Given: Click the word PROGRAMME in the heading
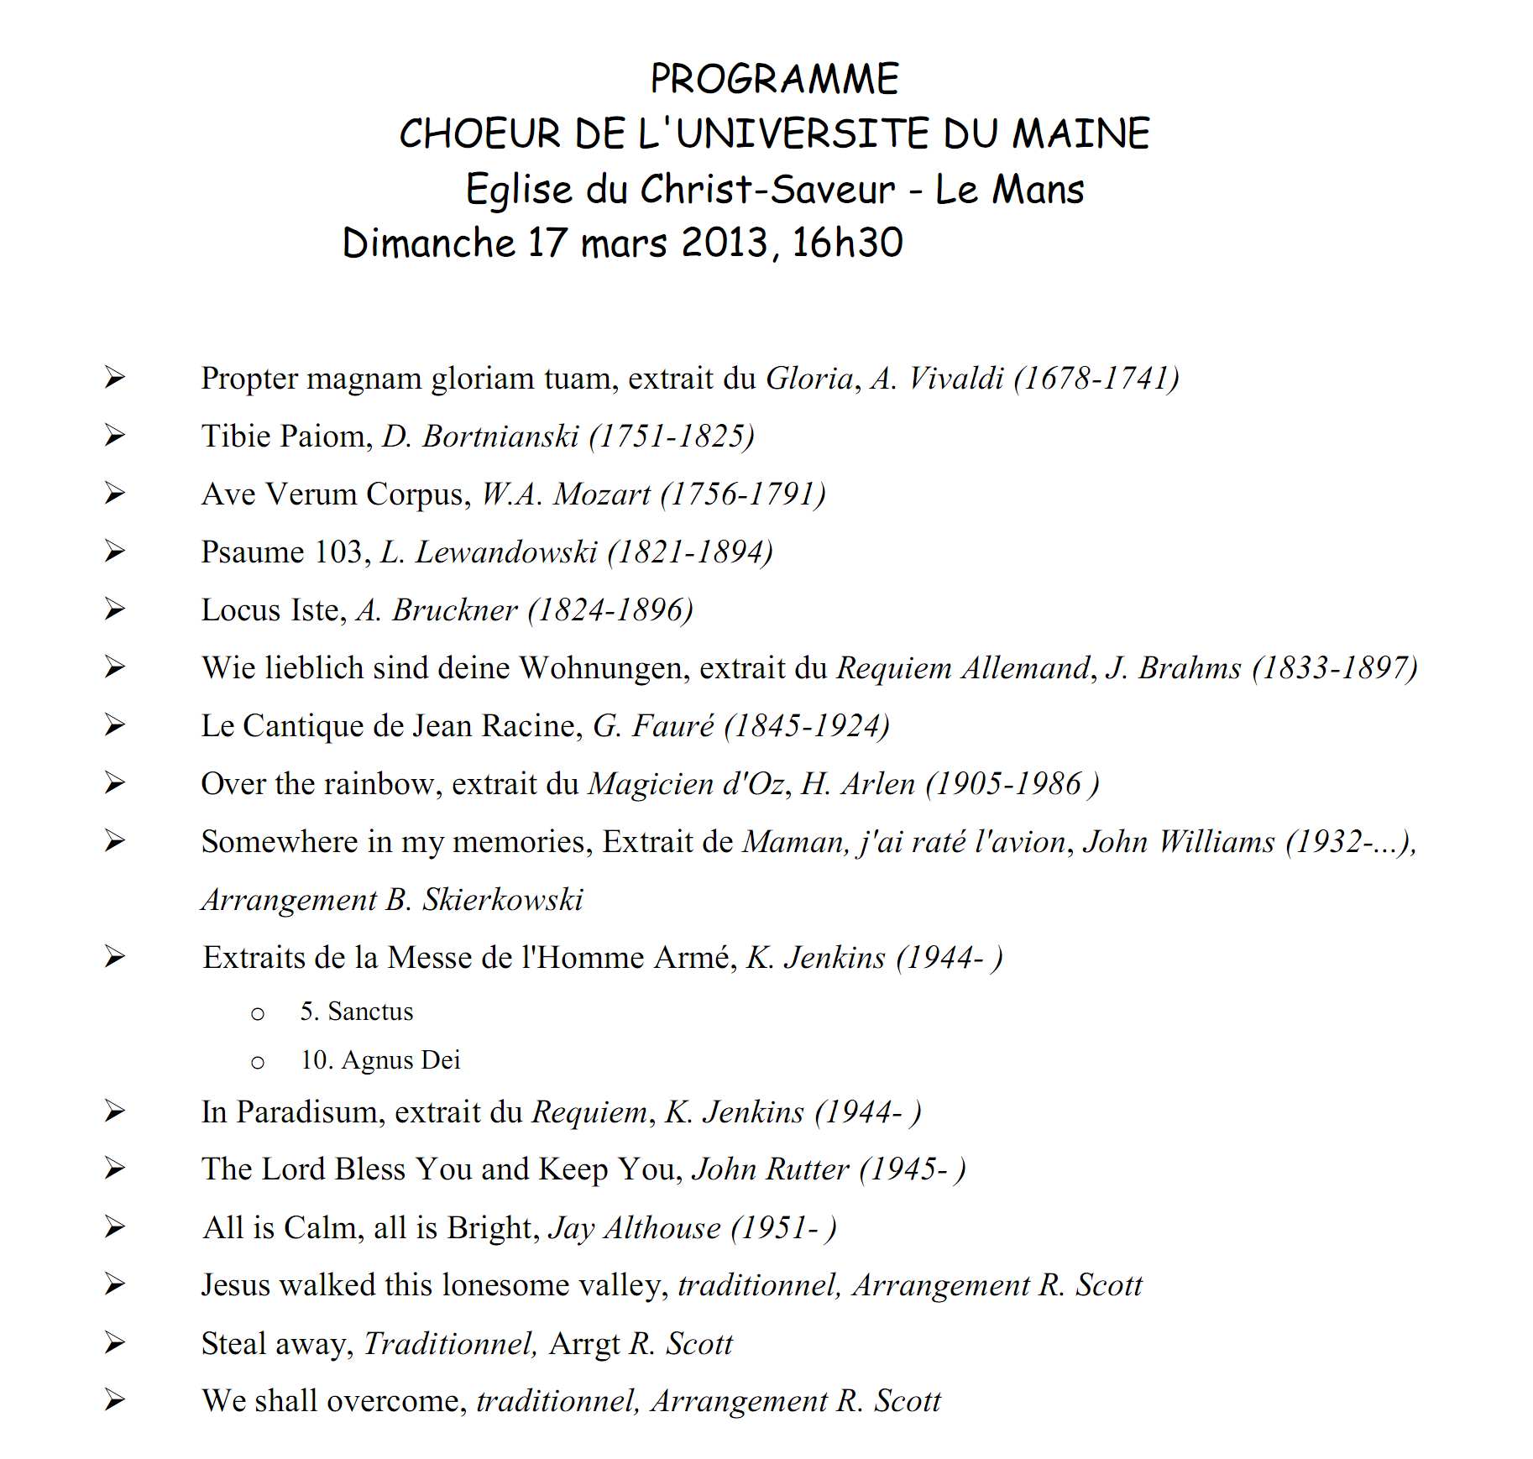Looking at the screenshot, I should [774, 80].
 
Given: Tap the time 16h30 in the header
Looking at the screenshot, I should [847, 243].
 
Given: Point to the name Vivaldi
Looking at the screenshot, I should [956, 379].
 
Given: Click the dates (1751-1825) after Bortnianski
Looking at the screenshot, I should [672, 437].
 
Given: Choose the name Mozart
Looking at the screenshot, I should [602, 494].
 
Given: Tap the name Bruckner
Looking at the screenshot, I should [454, 610].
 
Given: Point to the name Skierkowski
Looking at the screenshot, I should [502, 900].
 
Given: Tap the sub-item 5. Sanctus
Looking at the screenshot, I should [357, 1012].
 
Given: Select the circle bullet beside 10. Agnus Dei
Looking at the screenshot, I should [258, 1063].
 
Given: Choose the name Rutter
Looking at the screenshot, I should [807, 1169].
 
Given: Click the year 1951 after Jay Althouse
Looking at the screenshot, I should [777, 1228].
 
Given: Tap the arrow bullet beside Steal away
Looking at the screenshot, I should [115, 1343].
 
